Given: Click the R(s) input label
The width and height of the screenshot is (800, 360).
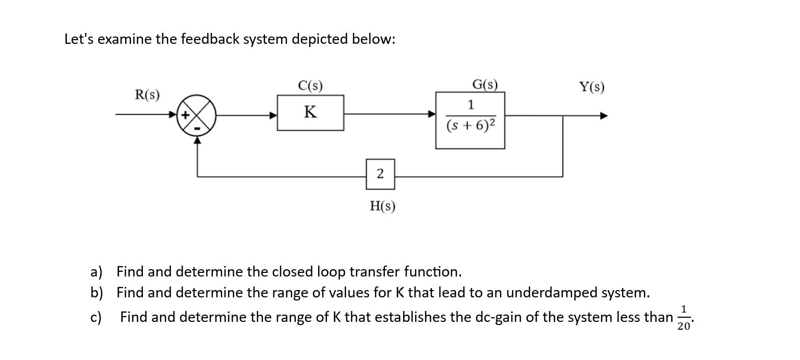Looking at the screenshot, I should [148, 95].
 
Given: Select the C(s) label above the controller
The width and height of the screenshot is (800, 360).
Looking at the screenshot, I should [310, 85].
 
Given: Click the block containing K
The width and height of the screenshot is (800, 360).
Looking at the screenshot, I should [310, 113].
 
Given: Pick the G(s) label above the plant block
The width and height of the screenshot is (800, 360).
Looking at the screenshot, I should [484, 85].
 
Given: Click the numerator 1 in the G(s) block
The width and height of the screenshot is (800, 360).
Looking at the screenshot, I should [470, 105].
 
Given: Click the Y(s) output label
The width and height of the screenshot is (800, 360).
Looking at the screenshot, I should [591, 87].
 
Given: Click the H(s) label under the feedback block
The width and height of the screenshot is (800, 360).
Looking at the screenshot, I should [382, 207].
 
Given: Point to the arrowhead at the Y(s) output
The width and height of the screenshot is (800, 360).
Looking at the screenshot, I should [603, 116].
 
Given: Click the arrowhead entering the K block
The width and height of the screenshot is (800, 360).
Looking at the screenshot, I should [273, 116].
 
